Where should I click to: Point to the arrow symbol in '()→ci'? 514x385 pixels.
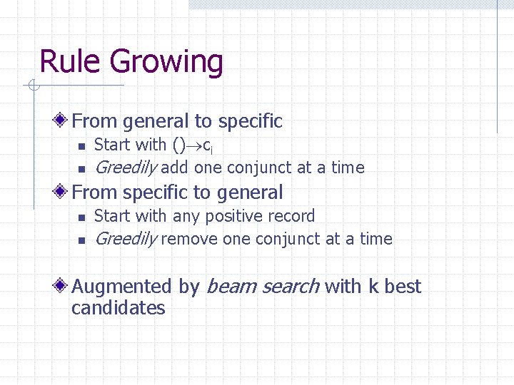pos(195,145)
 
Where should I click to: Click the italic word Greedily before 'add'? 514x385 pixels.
pos(126,168)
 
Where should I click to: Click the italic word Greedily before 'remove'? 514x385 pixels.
pos(126,240)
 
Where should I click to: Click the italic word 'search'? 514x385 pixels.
pos(290,287)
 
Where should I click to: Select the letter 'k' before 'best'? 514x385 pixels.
pos(373,287)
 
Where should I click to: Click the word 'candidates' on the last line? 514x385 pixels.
pos(119,309)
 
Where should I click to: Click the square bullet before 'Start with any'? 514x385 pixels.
pos(81,217)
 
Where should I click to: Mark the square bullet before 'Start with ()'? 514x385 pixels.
pos(81,146)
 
